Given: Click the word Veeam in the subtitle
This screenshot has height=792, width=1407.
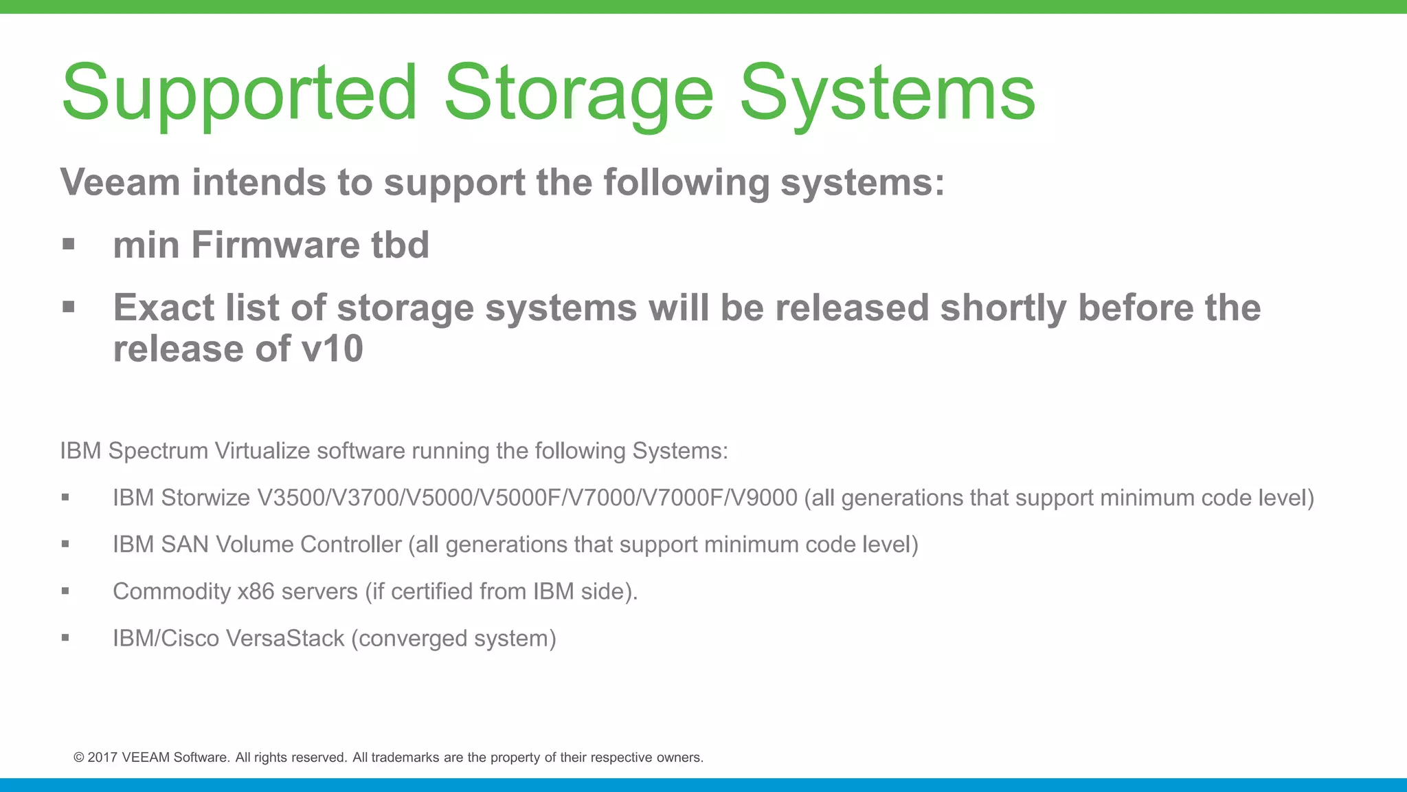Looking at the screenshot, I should (120, 182).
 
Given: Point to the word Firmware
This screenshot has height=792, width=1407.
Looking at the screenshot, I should (275, 245).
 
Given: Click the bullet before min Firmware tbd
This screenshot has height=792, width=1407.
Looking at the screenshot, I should (68, 244).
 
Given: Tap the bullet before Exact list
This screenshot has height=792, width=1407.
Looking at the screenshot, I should (68, 307).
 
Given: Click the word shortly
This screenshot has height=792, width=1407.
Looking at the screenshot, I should (1003, 307).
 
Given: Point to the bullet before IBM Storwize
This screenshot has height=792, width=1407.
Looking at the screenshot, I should (65, 497).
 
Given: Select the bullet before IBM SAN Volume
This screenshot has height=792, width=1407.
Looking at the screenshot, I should (65, 544).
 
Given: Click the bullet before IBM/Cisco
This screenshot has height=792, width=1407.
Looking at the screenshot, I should (65, 637).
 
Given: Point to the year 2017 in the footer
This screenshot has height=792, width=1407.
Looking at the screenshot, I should (102, 758).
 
